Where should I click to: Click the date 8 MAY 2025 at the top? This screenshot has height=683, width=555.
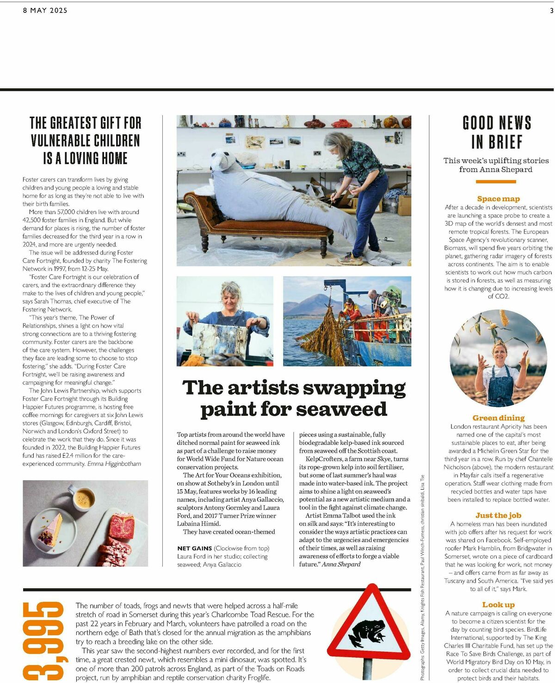[x=45, y=10]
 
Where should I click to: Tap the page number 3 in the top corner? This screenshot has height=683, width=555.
[x=551, y=10]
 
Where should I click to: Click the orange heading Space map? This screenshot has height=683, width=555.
[x=498, y=199]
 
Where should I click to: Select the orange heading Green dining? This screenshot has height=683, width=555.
[x=498, y=418]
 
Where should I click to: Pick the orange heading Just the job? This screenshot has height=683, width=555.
[x=498, y=515]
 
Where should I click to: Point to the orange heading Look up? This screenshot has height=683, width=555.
[x=498, y=605]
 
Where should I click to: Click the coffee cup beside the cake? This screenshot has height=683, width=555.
[x=83, y=499]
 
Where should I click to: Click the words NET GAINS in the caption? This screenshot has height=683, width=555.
[x=195, y=548]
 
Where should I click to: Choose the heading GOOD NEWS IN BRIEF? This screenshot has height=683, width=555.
[x=497, y=132]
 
